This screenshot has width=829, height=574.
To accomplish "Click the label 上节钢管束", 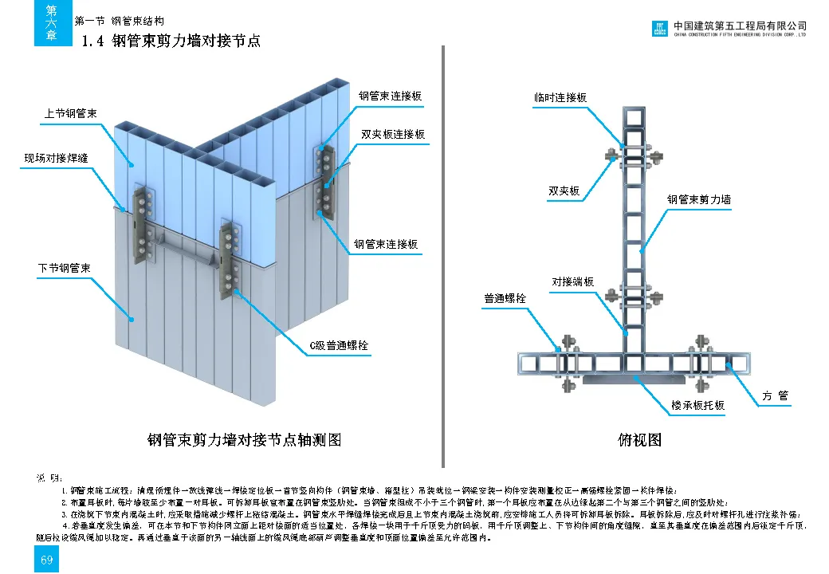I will tap(70, 115).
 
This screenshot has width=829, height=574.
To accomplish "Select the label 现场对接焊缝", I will tap(55, 158).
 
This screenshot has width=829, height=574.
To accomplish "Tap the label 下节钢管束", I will tap(65, 268).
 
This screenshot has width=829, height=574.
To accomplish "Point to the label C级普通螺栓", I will tap(340, 346).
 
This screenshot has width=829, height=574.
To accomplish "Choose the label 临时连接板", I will tap(560, 98).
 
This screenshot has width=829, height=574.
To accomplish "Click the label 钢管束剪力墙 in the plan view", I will tap(699, 200).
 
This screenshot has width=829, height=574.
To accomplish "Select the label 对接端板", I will tap(573, 282).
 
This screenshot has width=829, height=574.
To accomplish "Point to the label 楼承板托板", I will tap(697, 406).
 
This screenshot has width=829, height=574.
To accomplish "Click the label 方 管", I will tap(775, 396).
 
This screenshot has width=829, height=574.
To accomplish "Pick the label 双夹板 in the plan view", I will tap(564, 191).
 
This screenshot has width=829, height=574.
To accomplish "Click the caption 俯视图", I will tap(640, 439).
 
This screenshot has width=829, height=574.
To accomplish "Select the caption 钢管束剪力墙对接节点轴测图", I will tap(245, 439).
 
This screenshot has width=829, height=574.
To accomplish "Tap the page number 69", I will tap(46, 560).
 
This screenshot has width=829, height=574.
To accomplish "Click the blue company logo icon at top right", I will tap(661, 29).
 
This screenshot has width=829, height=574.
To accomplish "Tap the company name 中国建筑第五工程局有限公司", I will tap(741, 26).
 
